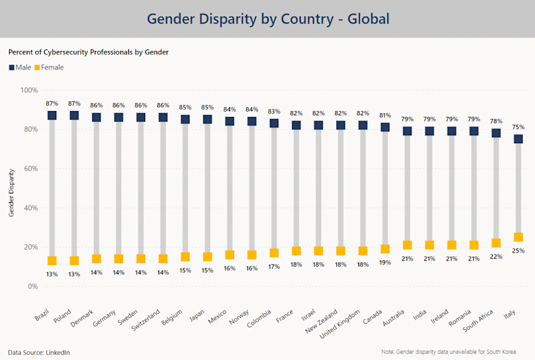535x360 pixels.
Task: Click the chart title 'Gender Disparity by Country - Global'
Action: point(267,19)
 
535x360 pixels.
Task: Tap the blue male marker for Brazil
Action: point(52,116)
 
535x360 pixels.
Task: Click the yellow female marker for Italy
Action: point(518,237)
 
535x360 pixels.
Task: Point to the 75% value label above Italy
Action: point(518,127)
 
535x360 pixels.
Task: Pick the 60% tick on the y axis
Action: point(29,169)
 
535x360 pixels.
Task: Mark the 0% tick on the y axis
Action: point(31,286)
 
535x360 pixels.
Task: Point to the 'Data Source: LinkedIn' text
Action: point(39,352)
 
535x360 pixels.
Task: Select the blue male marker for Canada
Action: point(385,127)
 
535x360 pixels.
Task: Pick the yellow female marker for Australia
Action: point(407,245)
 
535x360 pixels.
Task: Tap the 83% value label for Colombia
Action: point(274,111)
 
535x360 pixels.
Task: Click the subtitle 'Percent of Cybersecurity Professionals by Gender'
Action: point(88,52)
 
